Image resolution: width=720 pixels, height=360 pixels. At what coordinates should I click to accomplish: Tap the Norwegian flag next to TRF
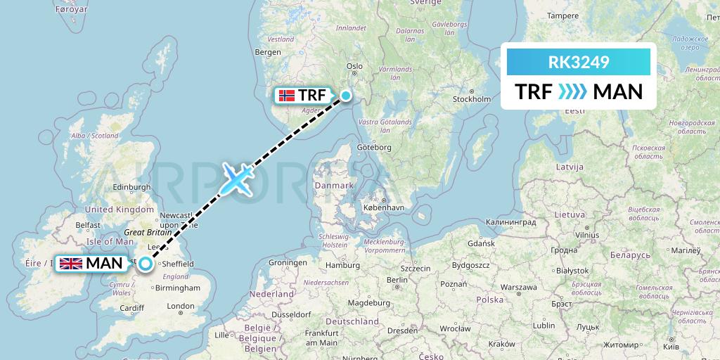click(x=287, y=96)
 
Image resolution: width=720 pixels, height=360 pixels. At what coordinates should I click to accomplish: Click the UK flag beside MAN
click(x=70, y=264)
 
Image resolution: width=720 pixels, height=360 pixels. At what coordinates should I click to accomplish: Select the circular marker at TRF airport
click(x=345, y=96)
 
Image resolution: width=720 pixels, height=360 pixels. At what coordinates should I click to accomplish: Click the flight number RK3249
click(x=578, y=63)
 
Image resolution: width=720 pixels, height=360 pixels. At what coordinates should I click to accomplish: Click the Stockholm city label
click(x=472, y=99)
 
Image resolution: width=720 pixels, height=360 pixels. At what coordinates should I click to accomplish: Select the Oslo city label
click(x=354, y=66)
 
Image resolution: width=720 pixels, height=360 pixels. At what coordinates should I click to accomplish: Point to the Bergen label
click(x=268, y=52)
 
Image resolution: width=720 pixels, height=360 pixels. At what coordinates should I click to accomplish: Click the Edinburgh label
click(x=133, y=187)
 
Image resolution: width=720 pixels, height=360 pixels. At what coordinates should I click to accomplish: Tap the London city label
click(x=181, y=306)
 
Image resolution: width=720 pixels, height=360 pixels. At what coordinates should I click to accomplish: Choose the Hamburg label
click(x=343, y=266)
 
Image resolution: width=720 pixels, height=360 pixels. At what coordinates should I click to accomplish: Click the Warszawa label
click(x=519, y=287)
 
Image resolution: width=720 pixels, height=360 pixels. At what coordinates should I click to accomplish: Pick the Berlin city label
click(x=397, y=279)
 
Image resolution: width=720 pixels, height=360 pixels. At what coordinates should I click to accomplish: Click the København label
click(x=384, y=208)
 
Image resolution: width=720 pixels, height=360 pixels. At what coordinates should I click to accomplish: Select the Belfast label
click(x=89, y=225)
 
